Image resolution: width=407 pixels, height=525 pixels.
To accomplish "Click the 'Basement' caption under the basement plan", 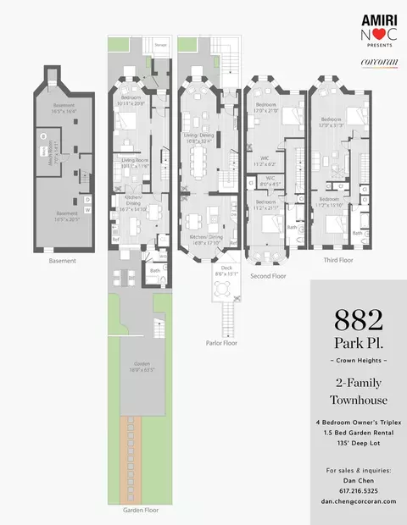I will tap(61, 261).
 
